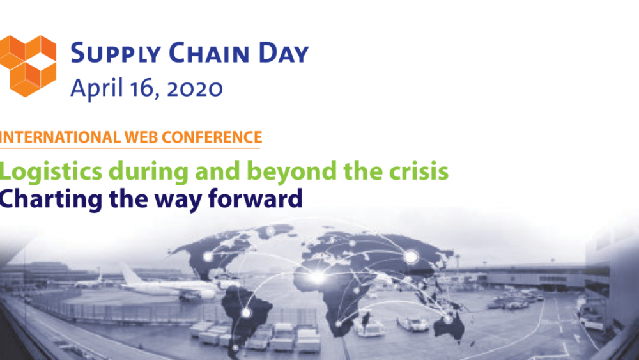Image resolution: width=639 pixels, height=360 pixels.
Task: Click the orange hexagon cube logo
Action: coord(28,66)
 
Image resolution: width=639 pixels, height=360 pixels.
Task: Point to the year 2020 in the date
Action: coord(195,88)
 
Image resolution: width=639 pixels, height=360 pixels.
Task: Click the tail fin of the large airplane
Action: coord(132,274)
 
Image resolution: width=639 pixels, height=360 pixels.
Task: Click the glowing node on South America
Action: coord(245,312)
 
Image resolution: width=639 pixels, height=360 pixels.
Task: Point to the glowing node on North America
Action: coord(208,257)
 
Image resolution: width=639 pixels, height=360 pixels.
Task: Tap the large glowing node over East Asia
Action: coord(411,257)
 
